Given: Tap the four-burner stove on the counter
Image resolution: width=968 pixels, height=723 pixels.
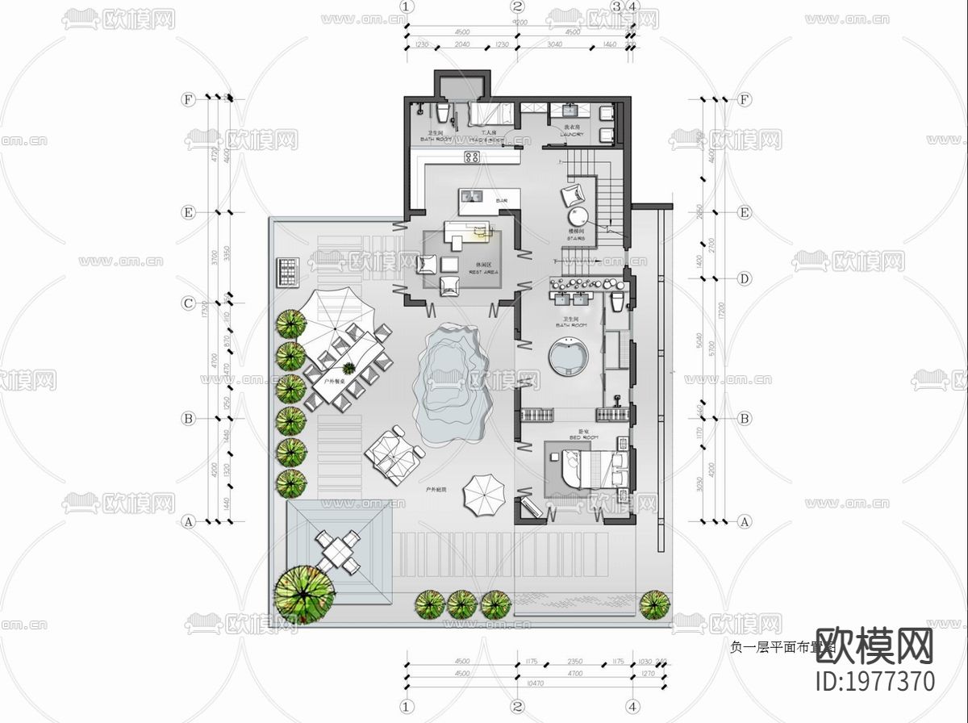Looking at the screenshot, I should [472, 157].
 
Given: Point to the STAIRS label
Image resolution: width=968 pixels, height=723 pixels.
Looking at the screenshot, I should [576, 237].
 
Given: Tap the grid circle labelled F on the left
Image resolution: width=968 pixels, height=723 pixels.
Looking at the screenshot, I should [189, 99].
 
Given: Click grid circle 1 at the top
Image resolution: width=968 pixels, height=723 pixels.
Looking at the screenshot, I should [406, 6].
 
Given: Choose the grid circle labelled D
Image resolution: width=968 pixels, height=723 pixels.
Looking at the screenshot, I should [745, 279].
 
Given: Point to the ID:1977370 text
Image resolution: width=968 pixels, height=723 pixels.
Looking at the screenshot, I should [876, 680].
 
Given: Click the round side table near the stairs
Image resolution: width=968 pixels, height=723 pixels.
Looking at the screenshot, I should [580, 216].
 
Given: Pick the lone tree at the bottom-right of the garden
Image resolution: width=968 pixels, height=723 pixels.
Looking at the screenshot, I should [654, 604].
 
